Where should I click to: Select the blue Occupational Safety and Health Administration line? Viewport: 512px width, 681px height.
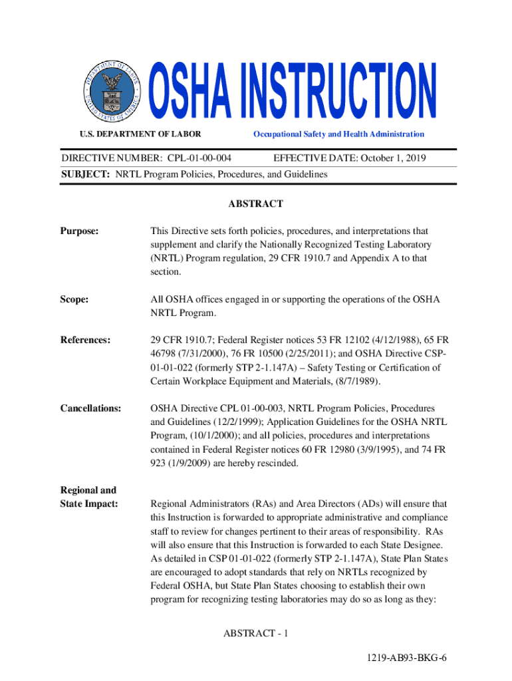(338, 134)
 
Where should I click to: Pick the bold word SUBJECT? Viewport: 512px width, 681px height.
(86, 174)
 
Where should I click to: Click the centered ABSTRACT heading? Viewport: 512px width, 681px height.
(256, 204)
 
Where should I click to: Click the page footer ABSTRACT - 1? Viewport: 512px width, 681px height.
(256, 632)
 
